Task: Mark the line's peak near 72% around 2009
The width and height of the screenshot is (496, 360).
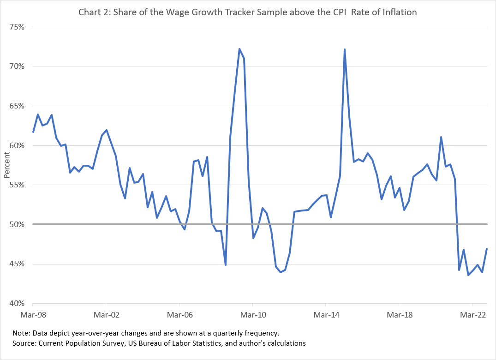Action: pos(239,49)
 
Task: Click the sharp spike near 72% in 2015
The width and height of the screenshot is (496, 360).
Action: pos(345,49)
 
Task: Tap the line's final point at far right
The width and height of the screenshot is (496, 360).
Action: pos(487,249)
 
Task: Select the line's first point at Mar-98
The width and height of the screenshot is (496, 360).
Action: pos(33,132)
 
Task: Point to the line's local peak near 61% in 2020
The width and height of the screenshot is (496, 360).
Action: pos(441,137)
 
